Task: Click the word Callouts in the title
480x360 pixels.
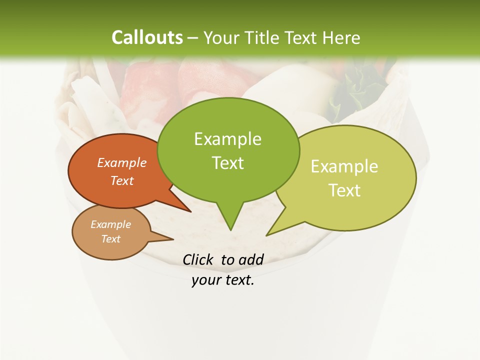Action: pyautogui.click(x=147, y=37)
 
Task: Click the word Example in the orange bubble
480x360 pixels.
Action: pyautogui.click(x=122, y=162)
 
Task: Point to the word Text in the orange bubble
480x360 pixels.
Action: pyautogui.click(x=122, y=180)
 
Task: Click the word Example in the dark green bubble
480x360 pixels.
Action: pyautogui.click(x=227, y=139)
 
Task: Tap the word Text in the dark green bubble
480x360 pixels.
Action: pyautogui.click(x=227, y=163)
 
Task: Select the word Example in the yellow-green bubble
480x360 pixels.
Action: pyautogui.click(x=344, y=166)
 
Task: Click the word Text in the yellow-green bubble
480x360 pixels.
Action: pyautogui.click(x=344, y=190)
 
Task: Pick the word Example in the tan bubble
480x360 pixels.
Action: pyautogui.click(x=110, y=224)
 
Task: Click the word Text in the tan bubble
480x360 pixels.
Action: pyautogui.click(x=110, y=239)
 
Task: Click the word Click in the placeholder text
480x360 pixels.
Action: pyautogui.click(x=198, y=259)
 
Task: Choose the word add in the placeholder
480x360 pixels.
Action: pyautogui.click(x=251, y=259)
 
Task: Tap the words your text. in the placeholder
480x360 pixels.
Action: pyautogui.click(x=223, y=280)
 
